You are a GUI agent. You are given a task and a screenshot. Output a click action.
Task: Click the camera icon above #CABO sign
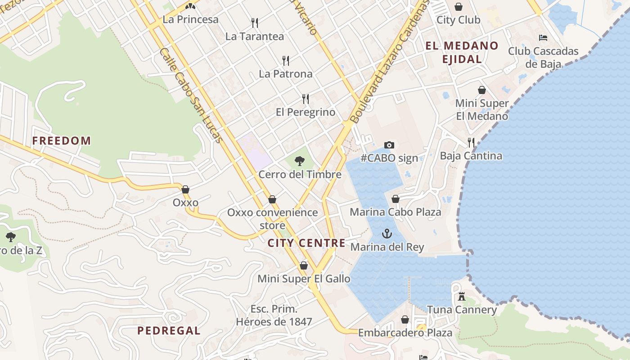(389, 145)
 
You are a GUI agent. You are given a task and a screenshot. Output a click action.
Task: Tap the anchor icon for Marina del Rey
(387, 234)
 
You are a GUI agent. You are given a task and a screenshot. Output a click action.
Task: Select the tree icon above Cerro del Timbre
(299, 161)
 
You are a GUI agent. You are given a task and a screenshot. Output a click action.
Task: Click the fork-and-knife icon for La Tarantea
(255, 22)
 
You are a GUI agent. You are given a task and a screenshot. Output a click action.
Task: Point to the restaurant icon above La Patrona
(285, 60)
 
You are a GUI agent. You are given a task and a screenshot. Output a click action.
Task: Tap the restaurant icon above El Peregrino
(306, 99)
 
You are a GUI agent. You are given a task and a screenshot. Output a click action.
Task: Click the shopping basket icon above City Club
(459, 7)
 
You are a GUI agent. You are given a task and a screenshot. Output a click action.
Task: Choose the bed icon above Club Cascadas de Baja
(543, 38)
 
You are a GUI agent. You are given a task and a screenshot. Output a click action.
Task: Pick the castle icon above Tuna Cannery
(461, 297)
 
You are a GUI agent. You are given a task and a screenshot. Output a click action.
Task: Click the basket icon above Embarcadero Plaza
(405, 319)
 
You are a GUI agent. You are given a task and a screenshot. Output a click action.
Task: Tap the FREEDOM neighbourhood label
(62, 140)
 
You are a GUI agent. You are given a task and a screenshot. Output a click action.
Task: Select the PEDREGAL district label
(169, 331)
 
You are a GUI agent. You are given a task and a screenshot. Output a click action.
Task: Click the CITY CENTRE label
(306, 243)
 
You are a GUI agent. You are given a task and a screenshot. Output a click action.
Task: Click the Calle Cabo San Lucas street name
(191, 95)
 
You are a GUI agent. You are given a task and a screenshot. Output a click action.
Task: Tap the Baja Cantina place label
(471, 156)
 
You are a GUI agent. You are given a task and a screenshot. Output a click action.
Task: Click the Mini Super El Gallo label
(304, 279)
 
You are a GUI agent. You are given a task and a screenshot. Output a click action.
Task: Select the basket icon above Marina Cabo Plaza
(396, 199)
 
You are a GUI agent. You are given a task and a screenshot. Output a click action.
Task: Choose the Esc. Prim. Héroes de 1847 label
(274, 315)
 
